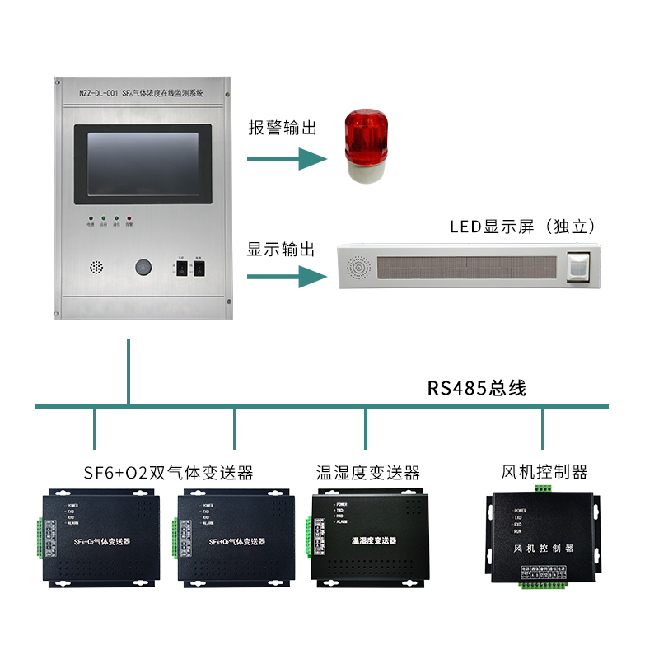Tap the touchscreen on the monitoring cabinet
click(143, 164)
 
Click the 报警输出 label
click(283, 128)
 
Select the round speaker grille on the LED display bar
click(360, 268)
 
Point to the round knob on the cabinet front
click(143, 267)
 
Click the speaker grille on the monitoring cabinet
click(96, 268)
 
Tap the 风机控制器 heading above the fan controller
click(544, 472)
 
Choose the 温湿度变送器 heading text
click(368, 473)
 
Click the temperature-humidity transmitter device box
click(369, 536)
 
